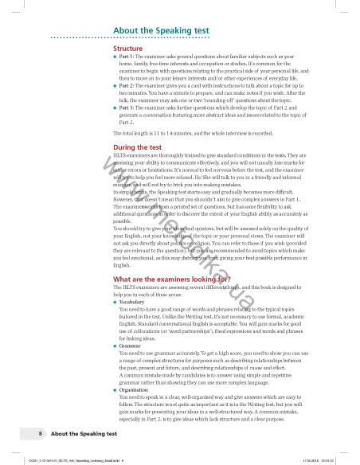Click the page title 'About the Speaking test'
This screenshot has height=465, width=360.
(157, 30)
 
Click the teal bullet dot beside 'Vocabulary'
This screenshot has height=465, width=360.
(116, 303)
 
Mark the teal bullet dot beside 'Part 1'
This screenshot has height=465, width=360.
(116, 57)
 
